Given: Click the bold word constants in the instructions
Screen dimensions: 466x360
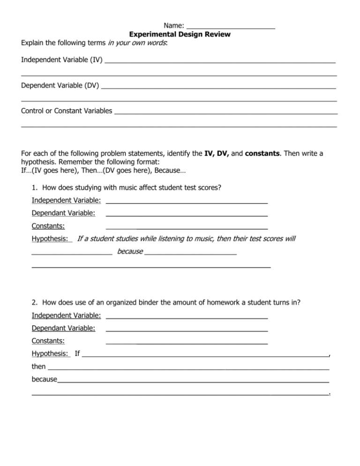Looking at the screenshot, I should [x=262, y=152].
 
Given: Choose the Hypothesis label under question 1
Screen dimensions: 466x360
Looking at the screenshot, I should [x=50, y=239].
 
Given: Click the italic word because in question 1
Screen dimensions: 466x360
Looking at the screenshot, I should [x=130, y=252].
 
